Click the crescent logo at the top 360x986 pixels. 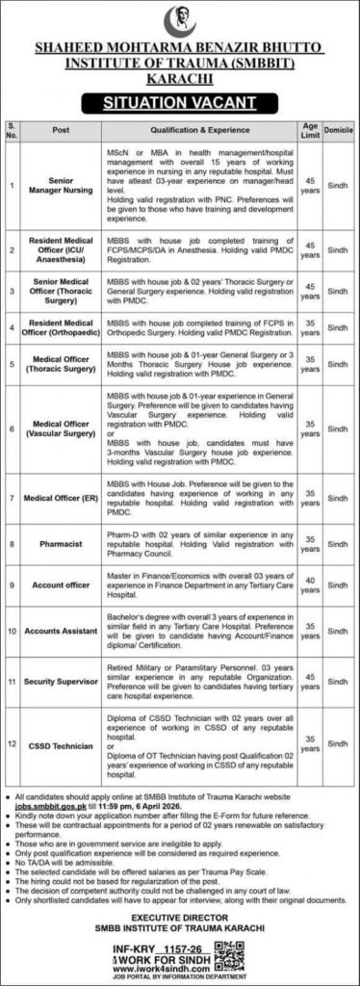click(x=180, y=18)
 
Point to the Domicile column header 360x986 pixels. click(x=336, y=124)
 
